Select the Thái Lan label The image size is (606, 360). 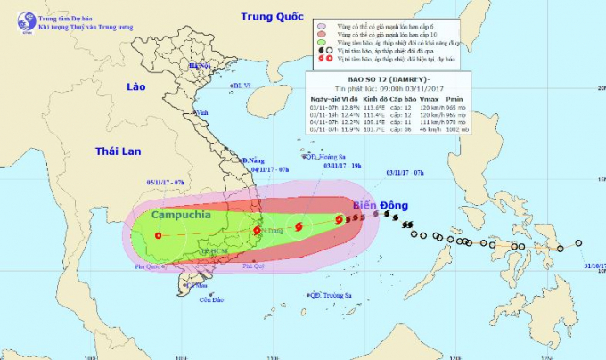(x=119, y=151)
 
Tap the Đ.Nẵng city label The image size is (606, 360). (x=257, y=160)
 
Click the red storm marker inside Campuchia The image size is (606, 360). (x=158, y=236)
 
